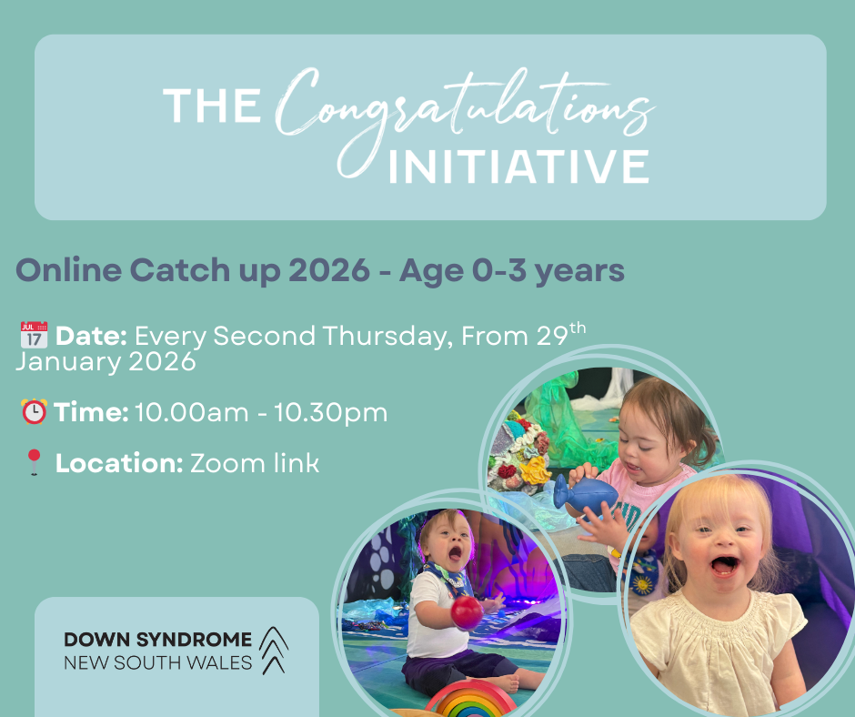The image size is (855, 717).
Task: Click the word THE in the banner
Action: coord(212,106)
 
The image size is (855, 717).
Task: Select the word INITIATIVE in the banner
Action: coord(518,166)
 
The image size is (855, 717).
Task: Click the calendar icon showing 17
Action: coord(34,335)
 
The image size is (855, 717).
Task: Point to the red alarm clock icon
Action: coord(34,411)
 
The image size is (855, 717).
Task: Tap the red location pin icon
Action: coord(35,462)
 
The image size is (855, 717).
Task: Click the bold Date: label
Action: coord(91,336)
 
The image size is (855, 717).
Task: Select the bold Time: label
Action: coord(91,412)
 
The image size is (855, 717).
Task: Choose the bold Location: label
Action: coord(119,463)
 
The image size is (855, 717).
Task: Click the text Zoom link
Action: coord(255,463)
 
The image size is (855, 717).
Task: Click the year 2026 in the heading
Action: coord(329,269)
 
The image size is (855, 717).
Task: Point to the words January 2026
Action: coord(106,362)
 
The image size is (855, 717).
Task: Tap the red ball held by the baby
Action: coord(467,612)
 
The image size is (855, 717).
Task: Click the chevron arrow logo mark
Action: coord(273,651)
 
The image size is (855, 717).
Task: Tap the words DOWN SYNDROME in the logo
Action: coord(158,639)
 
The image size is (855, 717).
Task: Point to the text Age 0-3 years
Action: coord(511,270)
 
